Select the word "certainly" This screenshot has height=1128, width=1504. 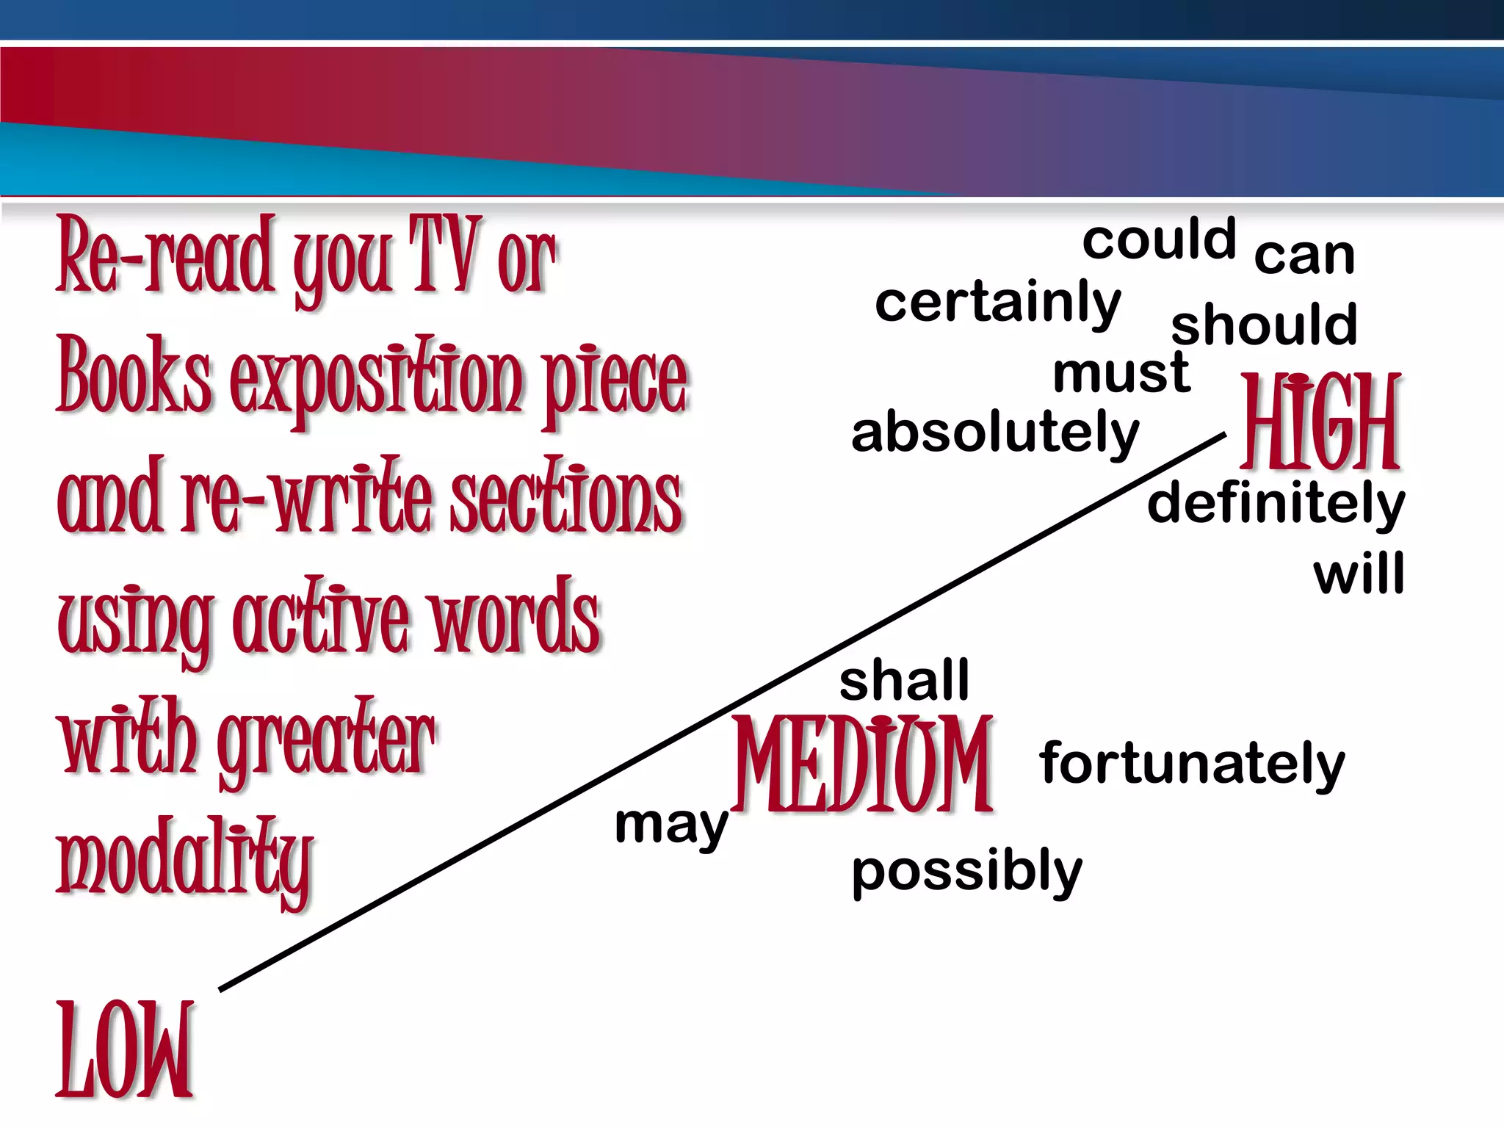997,303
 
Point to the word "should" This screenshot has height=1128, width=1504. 1263,325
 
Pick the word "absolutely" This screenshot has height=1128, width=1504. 994,433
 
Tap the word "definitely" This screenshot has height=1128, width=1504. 1276,504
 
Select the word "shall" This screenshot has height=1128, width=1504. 904,680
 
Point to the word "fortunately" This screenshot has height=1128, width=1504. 1191,764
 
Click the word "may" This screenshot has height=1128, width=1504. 671,825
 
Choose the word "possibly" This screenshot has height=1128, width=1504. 966,872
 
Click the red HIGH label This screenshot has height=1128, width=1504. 1320,422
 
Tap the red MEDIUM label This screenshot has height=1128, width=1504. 863,764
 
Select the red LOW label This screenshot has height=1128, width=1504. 125,1050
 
